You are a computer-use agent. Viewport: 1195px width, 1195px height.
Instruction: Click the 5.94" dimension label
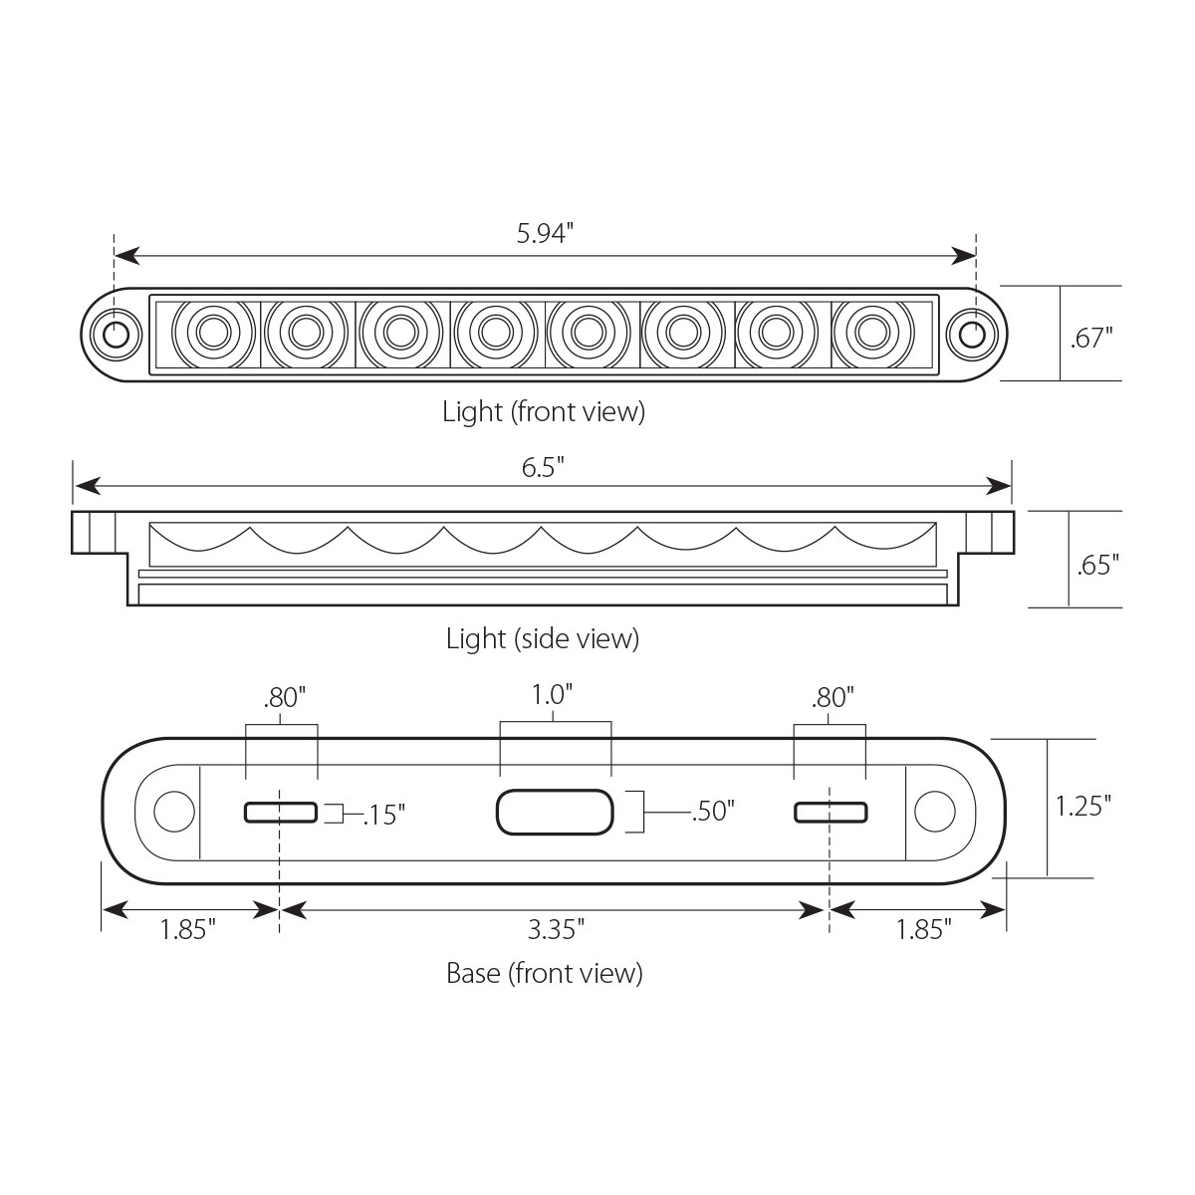545,234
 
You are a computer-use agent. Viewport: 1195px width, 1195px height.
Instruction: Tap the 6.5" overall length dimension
543,467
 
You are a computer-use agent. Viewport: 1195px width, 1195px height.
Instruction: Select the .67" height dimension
1091,338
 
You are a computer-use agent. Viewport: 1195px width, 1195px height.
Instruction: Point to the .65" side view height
1098,566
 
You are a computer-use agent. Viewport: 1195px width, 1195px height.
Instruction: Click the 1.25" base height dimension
1082,805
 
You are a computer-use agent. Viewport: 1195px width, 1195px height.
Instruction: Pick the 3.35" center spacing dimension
555,930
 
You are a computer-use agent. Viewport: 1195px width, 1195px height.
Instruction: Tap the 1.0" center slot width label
555,694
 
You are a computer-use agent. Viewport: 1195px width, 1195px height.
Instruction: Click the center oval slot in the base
554,813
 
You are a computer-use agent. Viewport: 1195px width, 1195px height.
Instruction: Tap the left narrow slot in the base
281,813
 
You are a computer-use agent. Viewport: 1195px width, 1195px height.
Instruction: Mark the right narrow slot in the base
830,813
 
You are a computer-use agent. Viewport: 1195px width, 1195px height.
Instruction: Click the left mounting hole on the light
116,333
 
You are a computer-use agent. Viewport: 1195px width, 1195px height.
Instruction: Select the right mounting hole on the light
972,333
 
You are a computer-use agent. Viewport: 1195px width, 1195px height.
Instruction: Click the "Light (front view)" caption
544,412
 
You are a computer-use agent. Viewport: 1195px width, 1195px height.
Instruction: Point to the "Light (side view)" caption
543,639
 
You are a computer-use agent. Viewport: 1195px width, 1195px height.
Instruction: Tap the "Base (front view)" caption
544,973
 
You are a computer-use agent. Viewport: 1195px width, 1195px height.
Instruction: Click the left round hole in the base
174,812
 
